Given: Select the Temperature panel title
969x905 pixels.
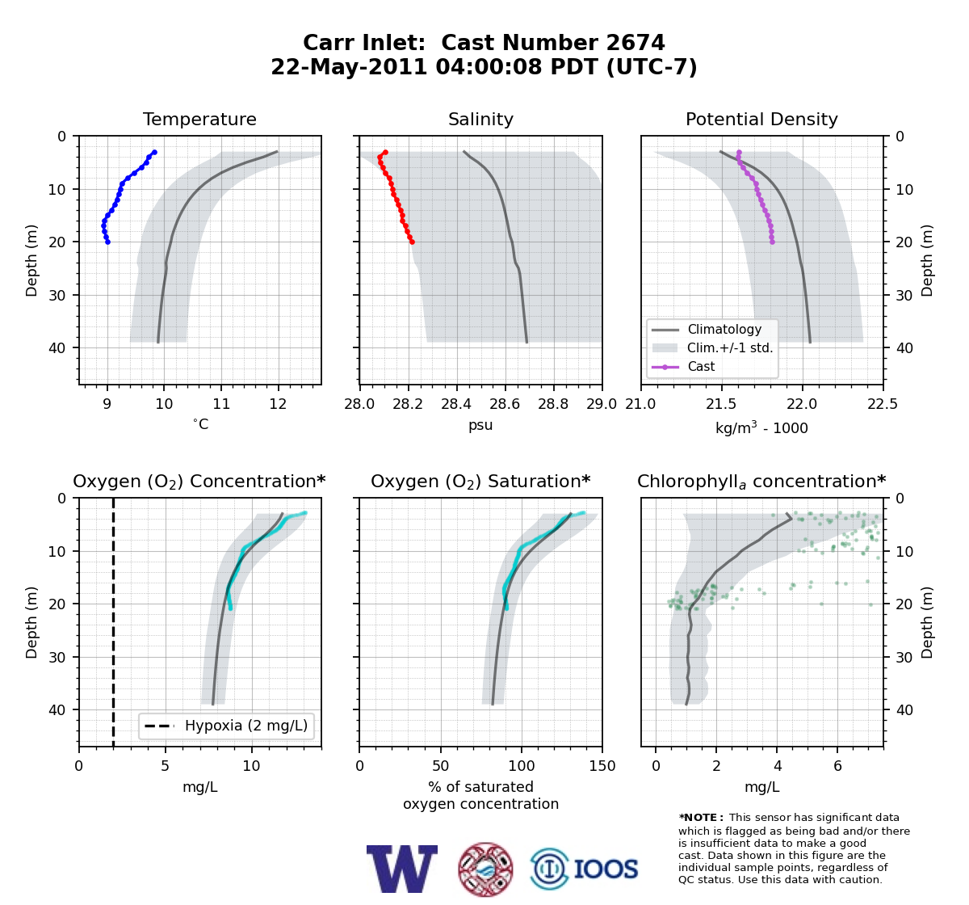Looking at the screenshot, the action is click(199, 119).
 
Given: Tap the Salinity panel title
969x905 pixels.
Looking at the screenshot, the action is click(480, 119).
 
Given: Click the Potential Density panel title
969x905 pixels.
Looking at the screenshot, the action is click(761, 119).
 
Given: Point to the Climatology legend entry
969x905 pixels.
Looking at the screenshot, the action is click(707, 329).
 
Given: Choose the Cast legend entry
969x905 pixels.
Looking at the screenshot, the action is click(683, 366).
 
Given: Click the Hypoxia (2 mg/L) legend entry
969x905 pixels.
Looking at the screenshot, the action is click(226, 726).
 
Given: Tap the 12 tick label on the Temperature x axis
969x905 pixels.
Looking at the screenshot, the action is click(278, 404).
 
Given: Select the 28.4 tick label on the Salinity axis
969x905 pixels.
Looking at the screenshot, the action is click(457, 404).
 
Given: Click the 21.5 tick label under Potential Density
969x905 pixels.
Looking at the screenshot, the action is click(721, 404).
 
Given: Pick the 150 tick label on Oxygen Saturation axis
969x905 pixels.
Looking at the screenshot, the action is click(602, 765).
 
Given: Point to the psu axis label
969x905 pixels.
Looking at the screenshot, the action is click(480, 425).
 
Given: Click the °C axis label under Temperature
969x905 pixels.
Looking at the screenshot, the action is click(200, 424).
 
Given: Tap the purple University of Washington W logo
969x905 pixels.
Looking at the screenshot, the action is click(402, 869).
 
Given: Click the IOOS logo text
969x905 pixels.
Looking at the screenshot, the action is click(606, 869).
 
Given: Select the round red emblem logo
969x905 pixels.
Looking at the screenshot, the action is click(485, 869).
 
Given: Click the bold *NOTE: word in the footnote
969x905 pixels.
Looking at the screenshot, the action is click(698, 818).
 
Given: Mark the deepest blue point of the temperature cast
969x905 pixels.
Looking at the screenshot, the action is click(108, 242).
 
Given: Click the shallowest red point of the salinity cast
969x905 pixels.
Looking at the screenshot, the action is click(385, 153).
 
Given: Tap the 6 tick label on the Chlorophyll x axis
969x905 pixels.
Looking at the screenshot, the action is click(837, 765).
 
